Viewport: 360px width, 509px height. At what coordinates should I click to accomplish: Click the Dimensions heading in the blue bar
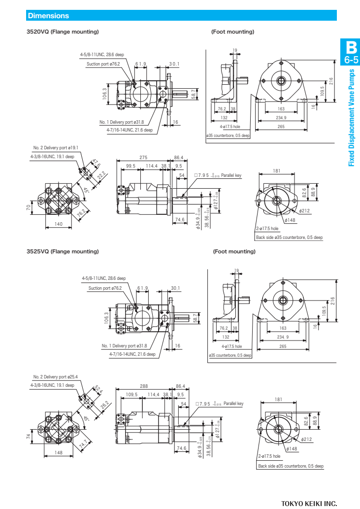(48, 16)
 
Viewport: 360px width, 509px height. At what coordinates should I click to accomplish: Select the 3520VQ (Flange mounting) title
(63, 32)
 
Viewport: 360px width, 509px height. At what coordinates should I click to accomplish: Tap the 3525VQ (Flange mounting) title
(63, 251)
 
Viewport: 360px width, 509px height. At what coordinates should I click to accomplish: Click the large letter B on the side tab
(351, 48)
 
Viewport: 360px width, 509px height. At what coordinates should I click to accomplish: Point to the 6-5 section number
(351, 61)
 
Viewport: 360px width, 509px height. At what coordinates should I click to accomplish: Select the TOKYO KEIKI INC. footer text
(309, 503)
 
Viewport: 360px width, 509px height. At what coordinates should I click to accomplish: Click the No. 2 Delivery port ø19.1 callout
(56, 147)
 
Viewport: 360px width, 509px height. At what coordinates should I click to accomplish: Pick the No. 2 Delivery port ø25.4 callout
(56, 376)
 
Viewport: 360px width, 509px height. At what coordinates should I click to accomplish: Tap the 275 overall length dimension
(143, 158)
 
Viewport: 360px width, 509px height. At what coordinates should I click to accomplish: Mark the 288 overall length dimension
(143, 387)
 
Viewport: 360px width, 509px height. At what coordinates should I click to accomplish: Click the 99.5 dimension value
(131, 166)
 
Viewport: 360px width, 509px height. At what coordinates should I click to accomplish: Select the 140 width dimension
(59, 224)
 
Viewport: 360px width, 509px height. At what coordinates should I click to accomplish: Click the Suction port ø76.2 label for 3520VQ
(103, 64)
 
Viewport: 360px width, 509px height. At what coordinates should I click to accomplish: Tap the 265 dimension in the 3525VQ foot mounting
(283, 346)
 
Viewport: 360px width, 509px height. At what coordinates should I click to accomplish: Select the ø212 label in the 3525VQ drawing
(305, 439)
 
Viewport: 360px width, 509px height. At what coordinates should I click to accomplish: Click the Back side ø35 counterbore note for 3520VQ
(289, 237)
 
